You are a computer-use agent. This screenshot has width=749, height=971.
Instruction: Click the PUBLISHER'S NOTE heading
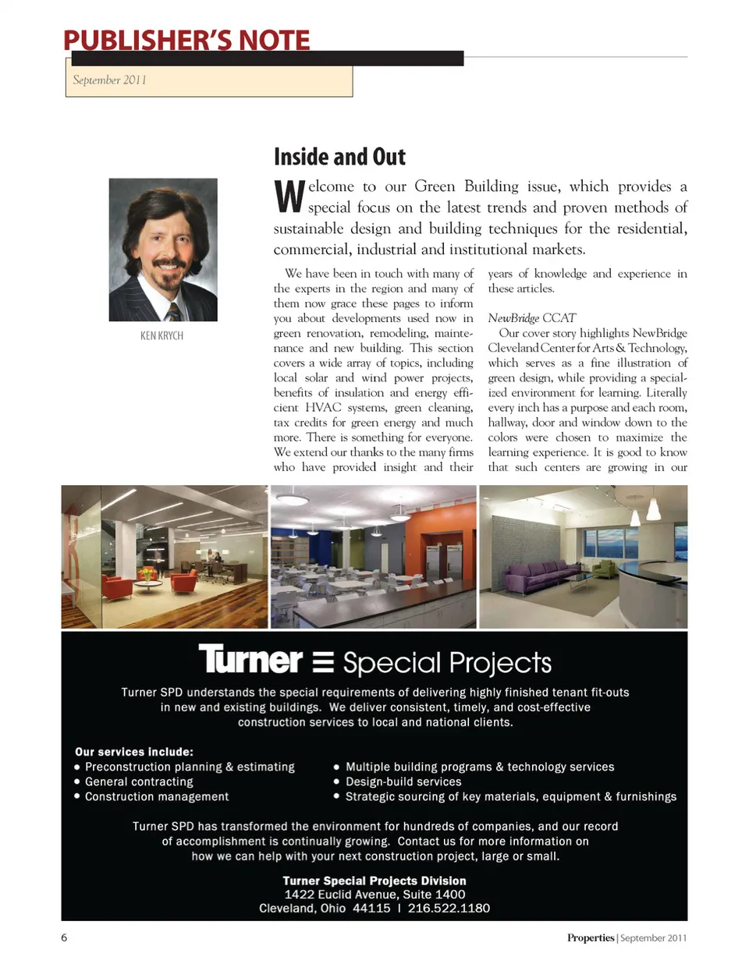186,40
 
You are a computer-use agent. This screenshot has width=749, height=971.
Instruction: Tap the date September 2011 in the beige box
109,80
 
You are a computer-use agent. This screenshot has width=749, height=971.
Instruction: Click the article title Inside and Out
339,157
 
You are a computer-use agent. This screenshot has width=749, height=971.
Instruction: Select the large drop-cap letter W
288,197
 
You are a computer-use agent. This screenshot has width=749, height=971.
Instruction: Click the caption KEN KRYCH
162,335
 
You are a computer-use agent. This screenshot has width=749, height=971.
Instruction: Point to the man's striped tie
174,312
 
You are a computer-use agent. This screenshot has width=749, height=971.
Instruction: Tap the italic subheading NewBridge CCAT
531,317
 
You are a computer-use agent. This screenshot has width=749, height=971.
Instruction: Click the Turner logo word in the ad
250,660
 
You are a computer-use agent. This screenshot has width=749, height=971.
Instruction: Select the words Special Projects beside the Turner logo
447,663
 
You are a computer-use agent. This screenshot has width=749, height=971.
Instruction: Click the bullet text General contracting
139,781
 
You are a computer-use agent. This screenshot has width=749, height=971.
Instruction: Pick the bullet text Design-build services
403,781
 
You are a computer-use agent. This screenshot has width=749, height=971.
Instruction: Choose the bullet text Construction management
157,796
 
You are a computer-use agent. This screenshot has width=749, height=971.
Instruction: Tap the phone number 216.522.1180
449,908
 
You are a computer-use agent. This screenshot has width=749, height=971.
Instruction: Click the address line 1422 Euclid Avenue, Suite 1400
374,895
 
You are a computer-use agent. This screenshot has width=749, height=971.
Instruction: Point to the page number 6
64,937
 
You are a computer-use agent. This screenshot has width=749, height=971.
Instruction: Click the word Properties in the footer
591,937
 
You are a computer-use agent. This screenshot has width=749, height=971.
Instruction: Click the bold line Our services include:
134,752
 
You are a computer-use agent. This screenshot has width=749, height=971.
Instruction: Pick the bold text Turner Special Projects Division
374,881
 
